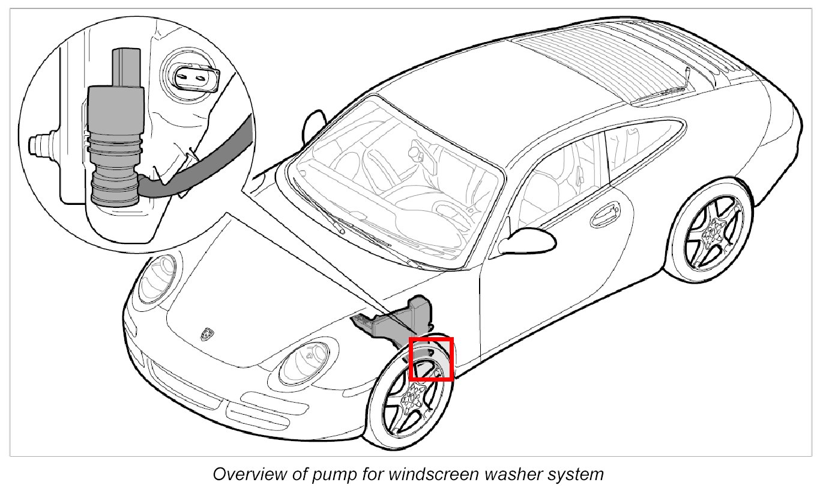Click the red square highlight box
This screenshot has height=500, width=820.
click(x=430, y=359)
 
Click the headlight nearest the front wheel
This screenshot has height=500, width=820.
click(x=307, y=358)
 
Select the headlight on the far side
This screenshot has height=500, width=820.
click(x=157, y=278)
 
